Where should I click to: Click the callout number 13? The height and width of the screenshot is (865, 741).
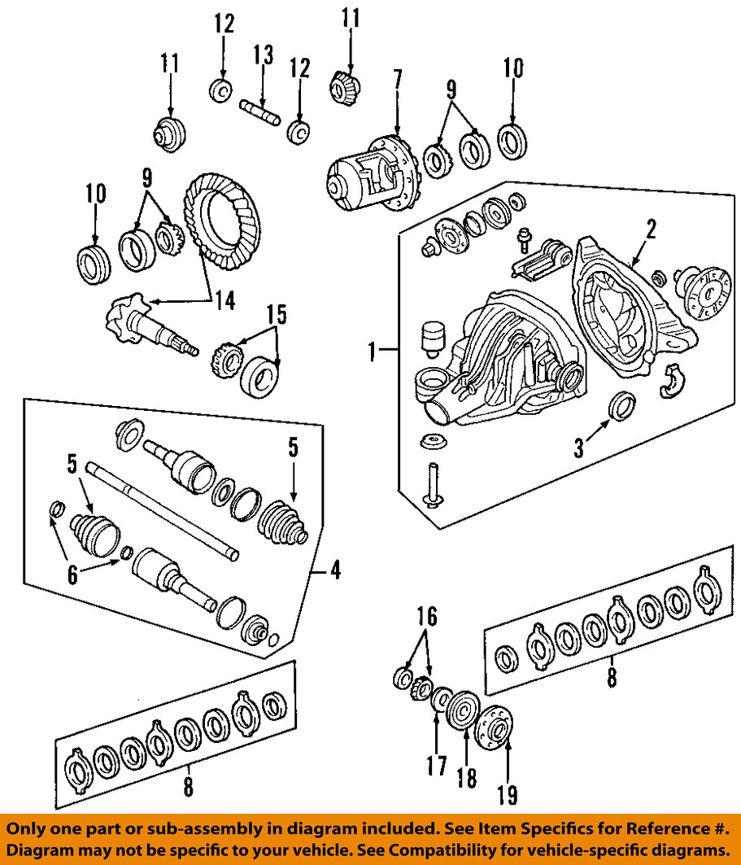(263, 55)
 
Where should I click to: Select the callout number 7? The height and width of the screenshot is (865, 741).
(397, 79)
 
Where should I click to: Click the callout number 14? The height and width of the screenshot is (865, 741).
(224, 300)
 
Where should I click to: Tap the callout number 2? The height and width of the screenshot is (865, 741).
(651, 229)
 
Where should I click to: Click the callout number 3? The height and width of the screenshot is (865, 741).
(579, 448)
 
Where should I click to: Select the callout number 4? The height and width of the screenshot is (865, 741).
(333, 570)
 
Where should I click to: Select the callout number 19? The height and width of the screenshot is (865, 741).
(508, 794)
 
